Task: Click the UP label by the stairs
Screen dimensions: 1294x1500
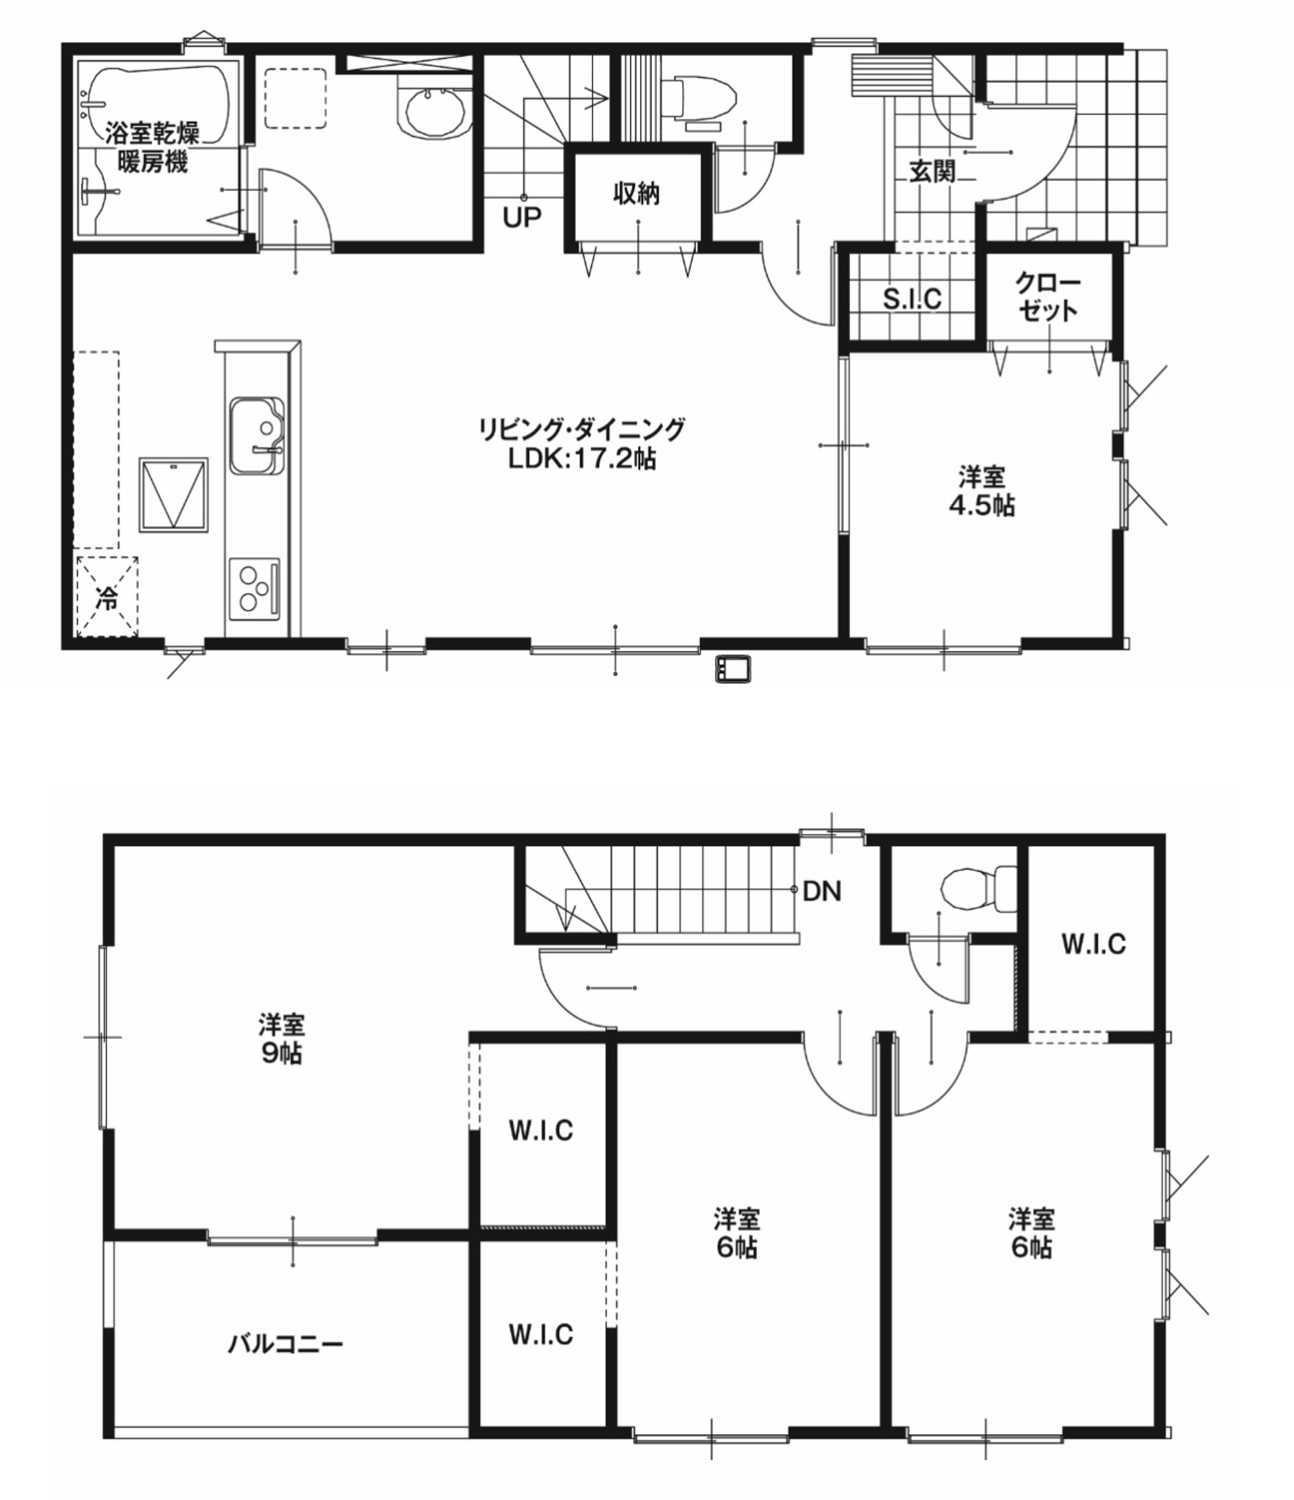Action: coord(522,216)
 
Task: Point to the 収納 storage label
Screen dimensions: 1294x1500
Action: coord(636,193)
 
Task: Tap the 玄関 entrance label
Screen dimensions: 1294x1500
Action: coord(933,171)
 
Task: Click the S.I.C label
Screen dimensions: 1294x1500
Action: coord(912,297)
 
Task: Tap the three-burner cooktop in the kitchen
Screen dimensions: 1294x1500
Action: coord(254,588)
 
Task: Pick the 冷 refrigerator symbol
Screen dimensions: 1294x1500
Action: coord(107,597)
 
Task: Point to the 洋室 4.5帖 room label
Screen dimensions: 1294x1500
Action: coord(982,492)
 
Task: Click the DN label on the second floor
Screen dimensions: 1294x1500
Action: coord(822,891)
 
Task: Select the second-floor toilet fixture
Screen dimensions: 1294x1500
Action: coord(978,888)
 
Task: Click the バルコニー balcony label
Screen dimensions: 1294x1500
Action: coord(285,1345)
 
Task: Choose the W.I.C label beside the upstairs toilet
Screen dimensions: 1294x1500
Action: coord(1093,944)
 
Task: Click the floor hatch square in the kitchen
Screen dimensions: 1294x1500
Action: coord(174,495)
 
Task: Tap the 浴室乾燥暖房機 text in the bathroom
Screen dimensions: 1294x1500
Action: coord(152,148)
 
